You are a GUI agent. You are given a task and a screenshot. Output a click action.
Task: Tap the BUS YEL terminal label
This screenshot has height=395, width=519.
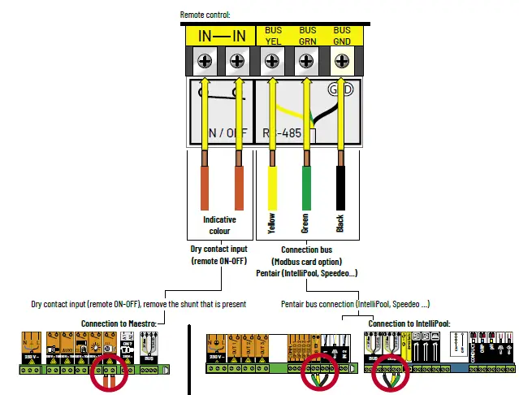(274, 35)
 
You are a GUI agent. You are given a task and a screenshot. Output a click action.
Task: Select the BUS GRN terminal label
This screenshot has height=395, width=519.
(308, 35)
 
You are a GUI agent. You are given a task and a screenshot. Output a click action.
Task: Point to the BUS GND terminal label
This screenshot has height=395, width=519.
(342, 35)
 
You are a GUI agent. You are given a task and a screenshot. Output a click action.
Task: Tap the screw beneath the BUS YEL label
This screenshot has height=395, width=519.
(273, 60)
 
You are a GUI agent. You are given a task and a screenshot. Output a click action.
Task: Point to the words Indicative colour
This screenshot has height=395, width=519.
(219, 225)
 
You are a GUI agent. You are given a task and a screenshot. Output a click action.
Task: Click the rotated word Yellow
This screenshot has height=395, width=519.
(272, 223)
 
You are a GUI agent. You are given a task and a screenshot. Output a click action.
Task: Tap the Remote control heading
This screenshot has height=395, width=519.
(206, 14)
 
